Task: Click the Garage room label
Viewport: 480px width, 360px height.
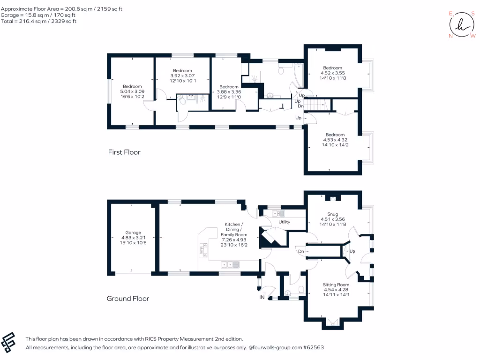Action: (x=133, y=232)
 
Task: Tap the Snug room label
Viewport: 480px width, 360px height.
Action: (x=332, y=213)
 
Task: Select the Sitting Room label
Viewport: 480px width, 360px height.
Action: (x=336, y=285)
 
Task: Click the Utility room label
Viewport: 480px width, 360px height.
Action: (x=285, y=222)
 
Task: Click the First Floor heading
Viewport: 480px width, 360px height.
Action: (x=124, y=152)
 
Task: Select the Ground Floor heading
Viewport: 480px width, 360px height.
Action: (x=128, y=299)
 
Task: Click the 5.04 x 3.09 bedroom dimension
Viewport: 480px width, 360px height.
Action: (x=132, y=91)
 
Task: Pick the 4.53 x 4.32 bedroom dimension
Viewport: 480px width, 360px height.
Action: (x=335, y=139)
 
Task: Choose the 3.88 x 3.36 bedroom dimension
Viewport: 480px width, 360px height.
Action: (x=229, y=92)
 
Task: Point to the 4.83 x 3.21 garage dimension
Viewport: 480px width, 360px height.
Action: (x=133, y=238)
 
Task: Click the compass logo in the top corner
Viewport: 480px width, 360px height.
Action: (x=461, y=25)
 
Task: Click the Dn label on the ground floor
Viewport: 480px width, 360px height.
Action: (x=301, y=252)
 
